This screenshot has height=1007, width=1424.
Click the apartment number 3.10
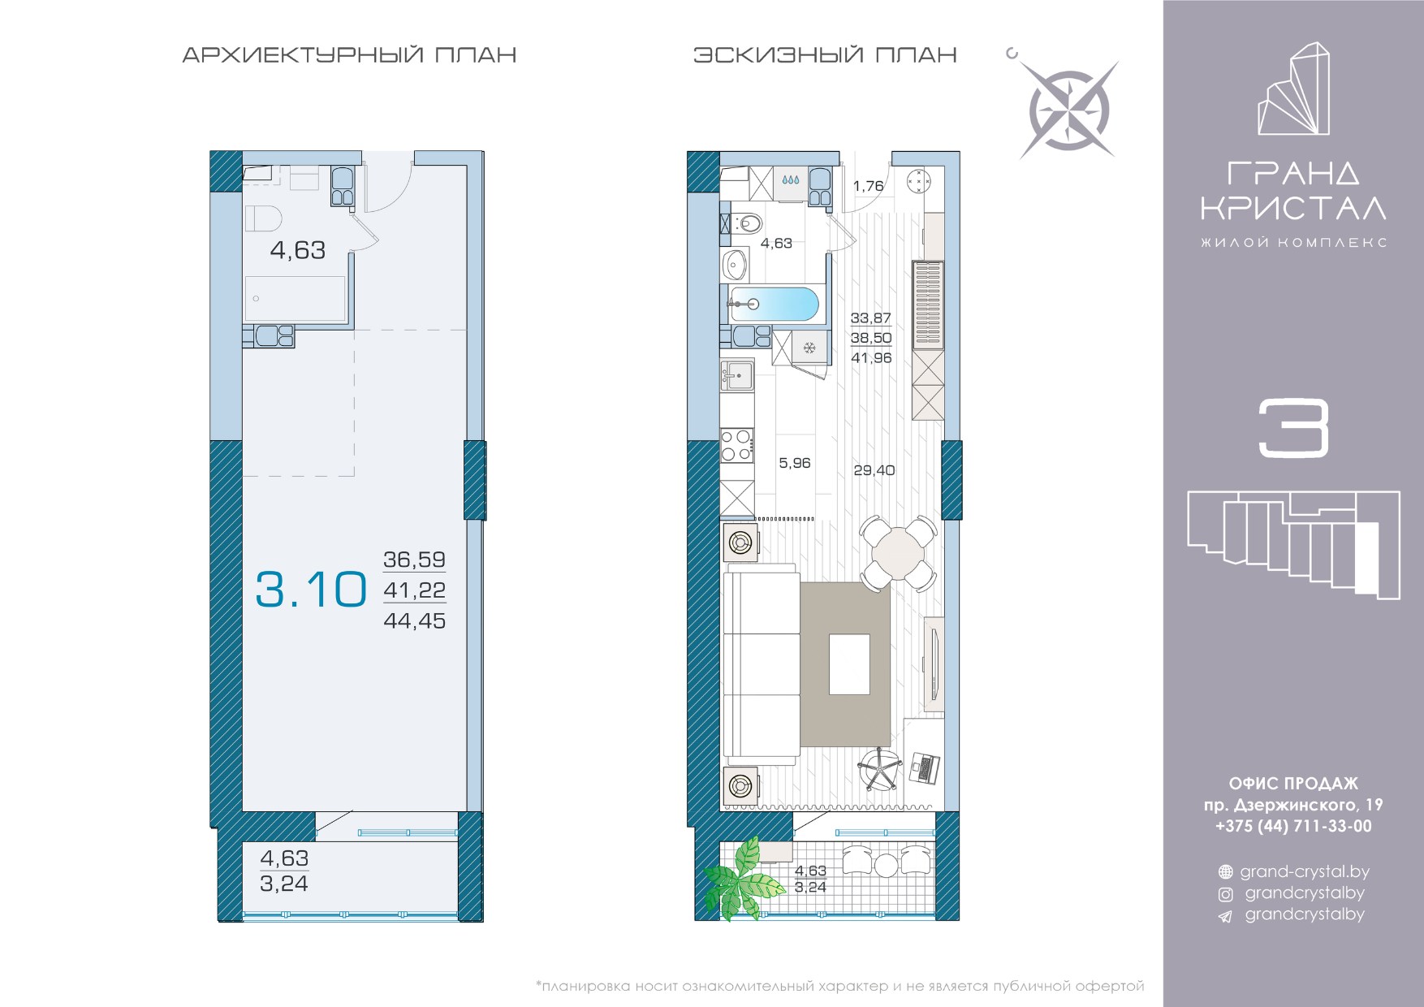pos(311,590)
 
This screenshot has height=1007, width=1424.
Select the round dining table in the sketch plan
pos(898,553)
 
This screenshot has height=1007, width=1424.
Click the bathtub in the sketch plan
pos(773,305)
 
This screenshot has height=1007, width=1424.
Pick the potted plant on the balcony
pos(743,880)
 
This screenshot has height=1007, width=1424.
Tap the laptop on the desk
pos(925,767)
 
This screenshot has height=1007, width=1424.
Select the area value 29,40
pos(874,470)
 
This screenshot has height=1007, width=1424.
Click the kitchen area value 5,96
pos(795,463)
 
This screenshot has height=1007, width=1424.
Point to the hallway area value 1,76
pos(868,186)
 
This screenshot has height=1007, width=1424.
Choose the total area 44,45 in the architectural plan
pos(415,621)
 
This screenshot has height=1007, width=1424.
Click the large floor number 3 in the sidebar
pos(1293,428)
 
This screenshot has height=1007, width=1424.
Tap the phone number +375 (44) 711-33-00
pos(1293,826)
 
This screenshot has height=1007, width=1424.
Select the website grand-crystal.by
pos(1305,871)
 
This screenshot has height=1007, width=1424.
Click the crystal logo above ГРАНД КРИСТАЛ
pos(1294,89)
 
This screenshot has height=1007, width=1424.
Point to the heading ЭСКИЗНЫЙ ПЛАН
pos(825,55)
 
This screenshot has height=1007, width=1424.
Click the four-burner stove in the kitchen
pos(737,446)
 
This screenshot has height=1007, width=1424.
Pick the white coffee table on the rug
pos(849,664)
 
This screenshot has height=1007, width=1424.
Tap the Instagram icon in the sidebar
pos(1226,894)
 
